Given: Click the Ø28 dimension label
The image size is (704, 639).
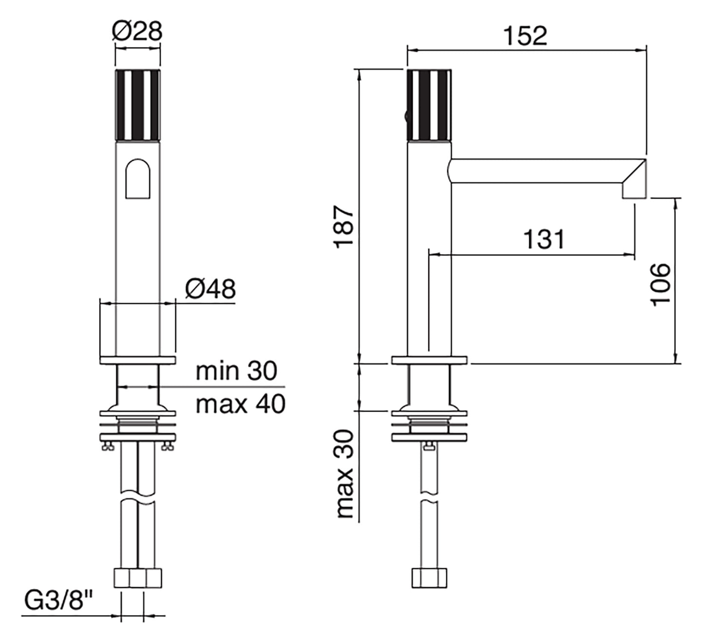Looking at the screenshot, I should point(137,32).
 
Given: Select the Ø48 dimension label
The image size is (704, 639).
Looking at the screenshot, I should point(210,290).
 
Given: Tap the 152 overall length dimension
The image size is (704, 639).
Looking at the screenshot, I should point(525,36).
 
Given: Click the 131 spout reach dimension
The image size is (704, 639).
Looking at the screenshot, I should point(544,239).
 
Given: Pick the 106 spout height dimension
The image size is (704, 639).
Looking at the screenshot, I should point(661,284).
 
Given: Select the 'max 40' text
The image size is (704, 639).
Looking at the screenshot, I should point(240,404).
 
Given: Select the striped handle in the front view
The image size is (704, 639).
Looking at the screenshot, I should point(138,105).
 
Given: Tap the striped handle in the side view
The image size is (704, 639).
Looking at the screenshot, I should point(429,105).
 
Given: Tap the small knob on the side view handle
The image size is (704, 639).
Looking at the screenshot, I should point(404,116).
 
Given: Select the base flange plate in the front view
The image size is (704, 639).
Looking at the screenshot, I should point(137,360).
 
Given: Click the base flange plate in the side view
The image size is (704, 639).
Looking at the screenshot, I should point(429,360).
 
